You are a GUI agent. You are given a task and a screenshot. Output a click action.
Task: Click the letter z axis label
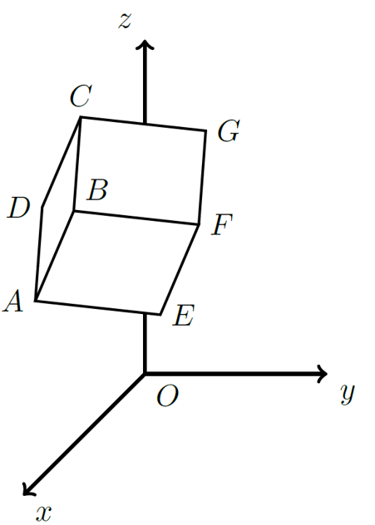click(125, 22)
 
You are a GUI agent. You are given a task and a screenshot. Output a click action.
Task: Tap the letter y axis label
click(348, 394)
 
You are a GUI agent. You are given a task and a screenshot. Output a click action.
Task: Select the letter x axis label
click(44, 513)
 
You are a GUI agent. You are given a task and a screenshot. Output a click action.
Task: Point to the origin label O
click(168, 395)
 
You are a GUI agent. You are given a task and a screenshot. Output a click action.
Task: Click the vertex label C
click(81, 96)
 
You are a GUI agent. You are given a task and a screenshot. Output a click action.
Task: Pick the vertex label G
click(229, 130)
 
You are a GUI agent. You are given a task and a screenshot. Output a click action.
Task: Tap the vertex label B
click(96, 190)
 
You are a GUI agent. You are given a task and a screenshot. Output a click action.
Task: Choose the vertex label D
click(19, 208)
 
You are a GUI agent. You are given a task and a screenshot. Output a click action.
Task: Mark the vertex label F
click(222, 224)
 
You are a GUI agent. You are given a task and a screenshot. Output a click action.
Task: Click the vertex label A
click(13, 301)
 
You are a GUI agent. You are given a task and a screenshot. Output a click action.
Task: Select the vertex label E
click(183, 315)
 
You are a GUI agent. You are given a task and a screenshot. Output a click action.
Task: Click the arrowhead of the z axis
click(145, 45)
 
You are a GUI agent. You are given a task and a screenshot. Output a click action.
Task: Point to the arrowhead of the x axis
click(27, 490)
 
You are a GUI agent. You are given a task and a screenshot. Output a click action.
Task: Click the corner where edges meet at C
click(81, 117)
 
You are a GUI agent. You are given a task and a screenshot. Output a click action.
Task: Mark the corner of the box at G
click(205, 130)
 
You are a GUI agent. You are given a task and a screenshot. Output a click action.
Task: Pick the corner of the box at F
click(200, 224)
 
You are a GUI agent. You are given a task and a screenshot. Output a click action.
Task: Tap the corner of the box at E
click(160, 314)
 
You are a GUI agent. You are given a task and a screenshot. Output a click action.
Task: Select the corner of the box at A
click(36, 301)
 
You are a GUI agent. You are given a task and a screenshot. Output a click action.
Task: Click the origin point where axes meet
click(145, 373)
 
